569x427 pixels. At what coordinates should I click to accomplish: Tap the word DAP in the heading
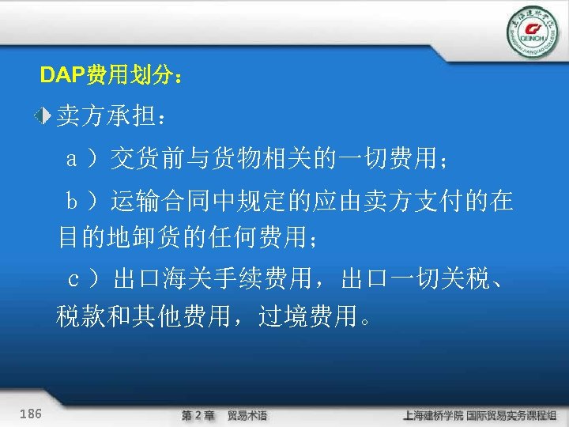56,77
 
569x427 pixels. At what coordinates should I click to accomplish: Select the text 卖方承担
106,118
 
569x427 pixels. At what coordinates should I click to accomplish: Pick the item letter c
73,279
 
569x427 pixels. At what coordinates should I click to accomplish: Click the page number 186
31,414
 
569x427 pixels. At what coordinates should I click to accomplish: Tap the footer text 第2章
198,414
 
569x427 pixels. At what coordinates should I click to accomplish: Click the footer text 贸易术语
247,414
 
